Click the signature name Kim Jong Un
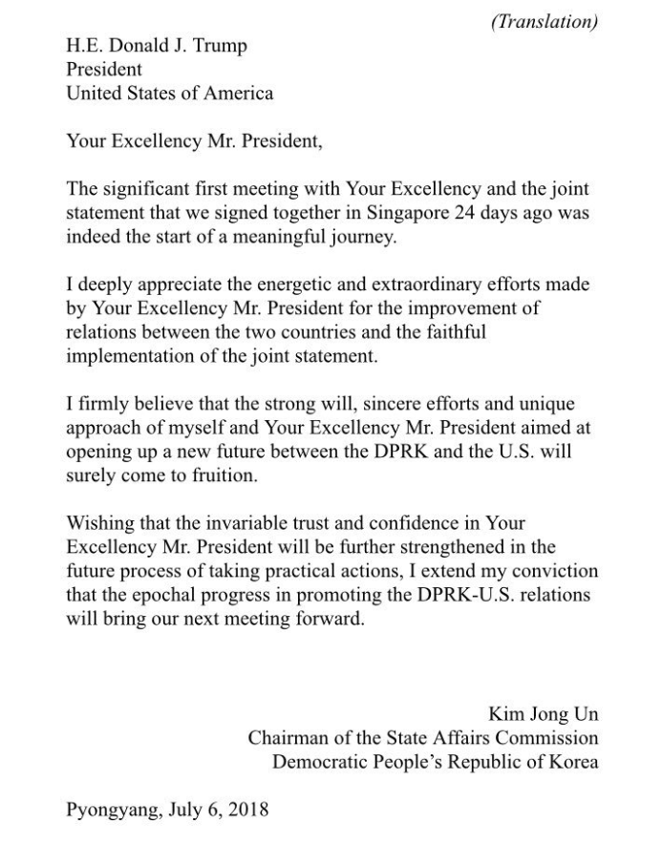click(544, 714)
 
